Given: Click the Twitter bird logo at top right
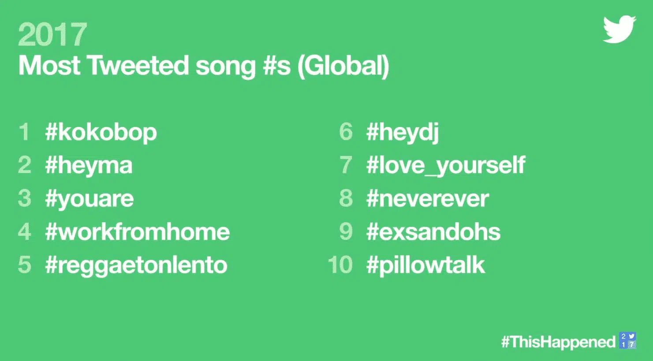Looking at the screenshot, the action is pos(619,29).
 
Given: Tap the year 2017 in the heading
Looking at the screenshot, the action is pos(52,34).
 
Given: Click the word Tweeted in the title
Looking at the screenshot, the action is pos(138,65).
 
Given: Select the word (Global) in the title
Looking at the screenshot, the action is pos(343,67).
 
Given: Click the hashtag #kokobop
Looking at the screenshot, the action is pos(101,133).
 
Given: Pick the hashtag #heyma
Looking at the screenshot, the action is pos(89,166).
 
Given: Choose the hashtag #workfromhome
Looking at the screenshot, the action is pos(137,232).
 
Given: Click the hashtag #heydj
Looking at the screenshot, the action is pos(403,133).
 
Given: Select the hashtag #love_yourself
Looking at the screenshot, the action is pos(446,166).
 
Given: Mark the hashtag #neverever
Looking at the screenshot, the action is pos(428,199).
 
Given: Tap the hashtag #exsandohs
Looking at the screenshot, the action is pos(433,232).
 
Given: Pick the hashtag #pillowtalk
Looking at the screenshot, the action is pos(425,265).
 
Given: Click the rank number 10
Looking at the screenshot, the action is pos(340,265).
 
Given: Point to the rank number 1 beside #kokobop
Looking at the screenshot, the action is pos(25,132).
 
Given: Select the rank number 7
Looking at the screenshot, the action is pos(346,165).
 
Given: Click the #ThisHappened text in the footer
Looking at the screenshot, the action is pos(558,342).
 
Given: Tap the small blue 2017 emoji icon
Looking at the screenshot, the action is pos(628,340).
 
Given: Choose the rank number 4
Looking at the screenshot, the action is pos(25,232).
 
